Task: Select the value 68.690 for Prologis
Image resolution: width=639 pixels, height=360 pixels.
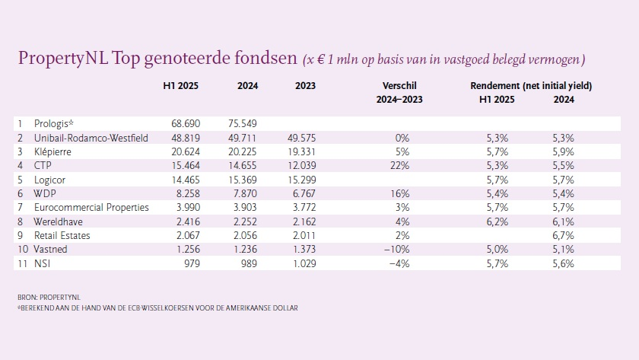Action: click(180, 123)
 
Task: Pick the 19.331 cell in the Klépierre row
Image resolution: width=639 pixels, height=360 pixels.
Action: click(300, 151)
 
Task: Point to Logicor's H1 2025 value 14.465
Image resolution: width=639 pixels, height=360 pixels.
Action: click(180, 180)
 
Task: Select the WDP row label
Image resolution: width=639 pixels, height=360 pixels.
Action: click(46, 193)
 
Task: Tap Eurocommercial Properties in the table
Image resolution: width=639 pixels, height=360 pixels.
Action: click(91, 207)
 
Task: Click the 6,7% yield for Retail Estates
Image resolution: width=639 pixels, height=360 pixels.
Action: click(563, 235)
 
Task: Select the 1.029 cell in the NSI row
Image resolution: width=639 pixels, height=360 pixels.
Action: click(300, 263)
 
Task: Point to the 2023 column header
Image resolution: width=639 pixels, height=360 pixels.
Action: click(305, 86)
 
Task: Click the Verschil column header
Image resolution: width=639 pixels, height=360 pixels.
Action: click(402, 86)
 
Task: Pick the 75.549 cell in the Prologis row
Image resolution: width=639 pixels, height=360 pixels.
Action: click(243, 123)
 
